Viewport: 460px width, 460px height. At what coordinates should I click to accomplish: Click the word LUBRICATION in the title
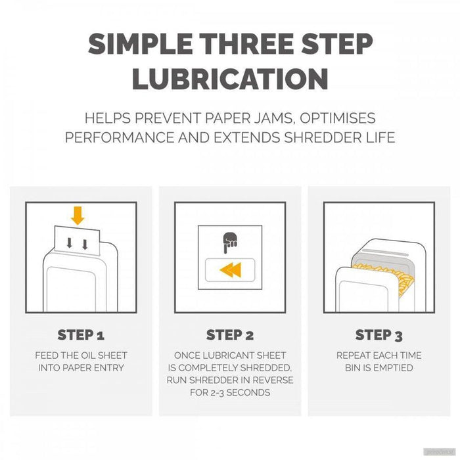(230, 79)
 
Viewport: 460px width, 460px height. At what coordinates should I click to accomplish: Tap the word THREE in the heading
(246, 44)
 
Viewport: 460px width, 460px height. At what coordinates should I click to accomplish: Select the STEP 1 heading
(81, 335)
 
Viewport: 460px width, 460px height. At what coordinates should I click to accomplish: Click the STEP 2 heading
(230, 335)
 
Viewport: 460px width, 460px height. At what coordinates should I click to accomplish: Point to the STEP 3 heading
(379, 335)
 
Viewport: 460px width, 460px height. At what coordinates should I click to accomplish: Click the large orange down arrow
(78, 216)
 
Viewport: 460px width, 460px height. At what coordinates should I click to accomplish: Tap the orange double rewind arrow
(231, 270)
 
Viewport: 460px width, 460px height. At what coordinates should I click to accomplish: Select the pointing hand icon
(230, 242)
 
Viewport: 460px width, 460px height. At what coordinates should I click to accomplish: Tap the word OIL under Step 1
(87, 356)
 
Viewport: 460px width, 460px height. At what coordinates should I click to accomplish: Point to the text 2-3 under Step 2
(217, 392)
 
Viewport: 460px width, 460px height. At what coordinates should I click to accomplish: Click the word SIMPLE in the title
(141, 44)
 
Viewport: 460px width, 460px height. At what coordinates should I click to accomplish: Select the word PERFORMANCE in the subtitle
(120, 137)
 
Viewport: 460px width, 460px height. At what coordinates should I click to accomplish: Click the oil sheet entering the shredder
(78, 241)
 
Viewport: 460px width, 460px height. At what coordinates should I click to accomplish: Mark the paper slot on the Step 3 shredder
(385, 252)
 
